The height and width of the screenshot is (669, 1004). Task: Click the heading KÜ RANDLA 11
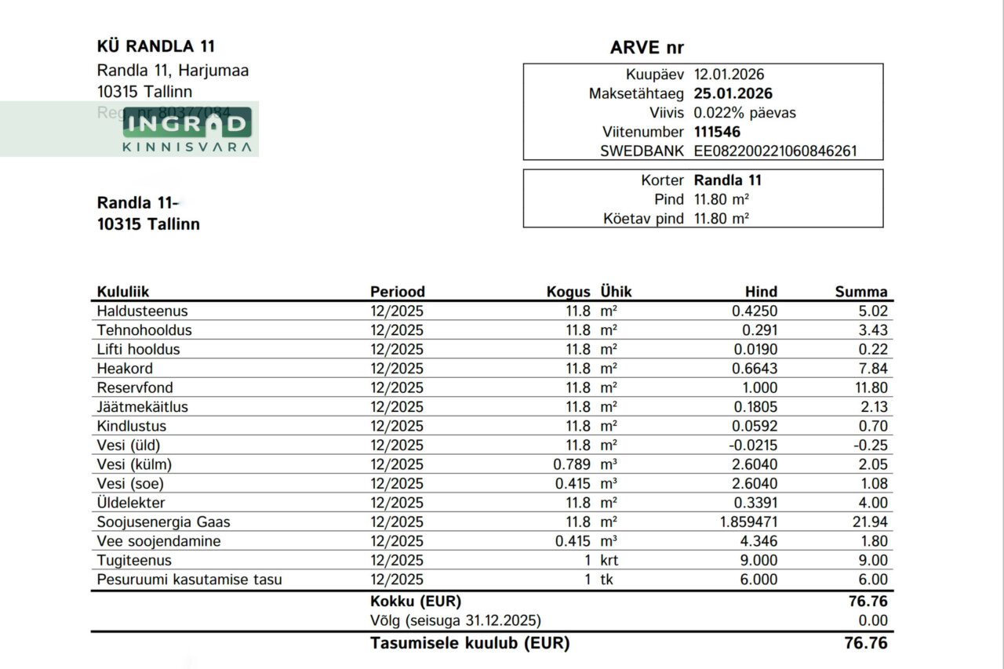coord(155,47)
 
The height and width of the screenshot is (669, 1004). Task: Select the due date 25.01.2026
coord(733,94)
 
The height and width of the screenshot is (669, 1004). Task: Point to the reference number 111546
coord(717,132)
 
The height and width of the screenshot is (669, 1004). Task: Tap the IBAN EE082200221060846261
coord(775,151)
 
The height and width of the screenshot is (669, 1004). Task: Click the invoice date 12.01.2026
coord(729,75)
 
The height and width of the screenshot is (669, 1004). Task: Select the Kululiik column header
coord(123,292)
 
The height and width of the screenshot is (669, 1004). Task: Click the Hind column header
coord(761,292)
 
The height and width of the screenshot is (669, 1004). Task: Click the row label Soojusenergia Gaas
coord(163,522)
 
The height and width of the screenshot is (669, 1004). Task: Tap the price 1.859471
coord(744,522)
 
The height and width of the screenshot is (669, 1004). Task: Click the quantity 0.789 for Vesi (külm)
coord(572,464)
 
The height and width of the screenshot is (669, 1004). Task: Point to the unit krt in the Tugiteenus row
coord(609,561)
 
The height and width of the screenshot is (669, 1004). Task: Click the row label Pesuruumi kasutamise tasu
coord(189,580)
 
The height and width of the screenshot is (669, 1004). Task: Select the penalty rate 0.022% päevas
coord(744,113)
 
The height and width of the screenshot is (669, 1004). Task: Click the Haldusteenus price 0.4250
coord(755,311)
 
